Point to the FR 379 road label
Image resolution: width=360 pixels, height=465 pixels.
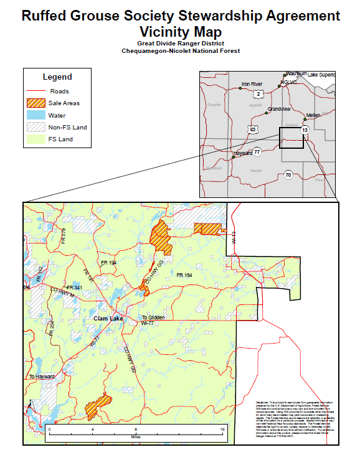(x=63, y=235)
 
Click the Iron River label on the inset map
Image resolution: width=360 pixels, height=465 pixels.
(x=252, y=83)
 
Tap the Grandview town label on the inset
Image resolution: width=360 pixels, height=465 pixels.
(x=278, y=109)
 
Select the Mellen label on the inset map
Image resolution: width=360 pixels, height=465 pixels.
(x=313, y=116)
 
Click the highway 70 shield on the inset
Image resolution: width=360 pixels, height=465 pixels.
(x=287, y=175)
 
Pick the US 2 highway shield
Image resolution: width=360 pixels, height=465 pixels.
(x=257, y=94)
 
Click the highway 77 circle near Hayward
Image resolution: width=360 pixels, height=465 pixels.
(x=257, y=151)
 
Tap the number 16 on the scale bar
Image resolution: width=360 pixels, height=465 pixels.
(x=222, y=430)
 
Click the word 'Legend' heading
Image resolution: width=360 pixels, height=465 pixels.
(x=57, y=77)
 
